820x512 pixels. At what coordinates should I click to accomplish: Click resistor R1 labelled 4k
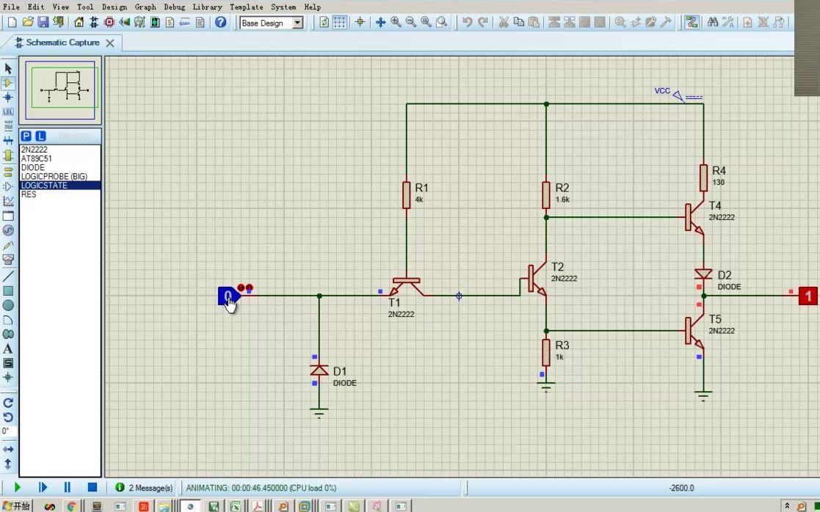tap(406, 194)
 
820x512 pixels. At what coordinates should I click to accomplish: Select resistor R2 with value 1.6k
tap(546, 194)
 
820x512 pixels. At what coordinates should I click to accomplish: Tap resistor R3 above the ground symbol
tap(546, 352)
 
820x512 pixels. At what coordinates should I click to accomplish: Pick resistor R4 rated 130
tap(703, 178)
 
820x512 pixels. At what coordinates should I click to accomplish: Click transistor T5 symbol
tap(694, 330)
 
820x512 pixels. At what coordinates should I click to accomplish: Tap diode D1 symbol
tap(319, 370)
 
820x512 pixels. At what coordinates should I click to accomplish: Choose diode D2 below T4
tap(703, 274)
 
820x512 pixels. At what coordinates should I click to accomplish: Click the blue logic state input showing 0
tap(228, 296)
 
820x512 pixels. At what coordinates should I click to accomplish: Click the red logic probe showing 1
tap(808, 296)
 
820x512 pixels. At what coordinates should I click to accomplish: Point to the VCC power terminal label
tap(662, 91)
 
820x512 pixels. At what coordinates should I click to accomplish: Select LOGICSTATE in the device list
tap(44, 186)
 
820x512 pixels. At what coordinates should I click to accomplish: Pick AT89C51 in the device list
tap(37, 158)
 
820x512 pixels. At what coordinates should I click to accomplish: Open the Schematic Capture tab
tap(62, 43)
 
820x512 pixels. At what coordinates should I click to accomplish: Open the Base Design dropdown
tap(271, 23)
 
